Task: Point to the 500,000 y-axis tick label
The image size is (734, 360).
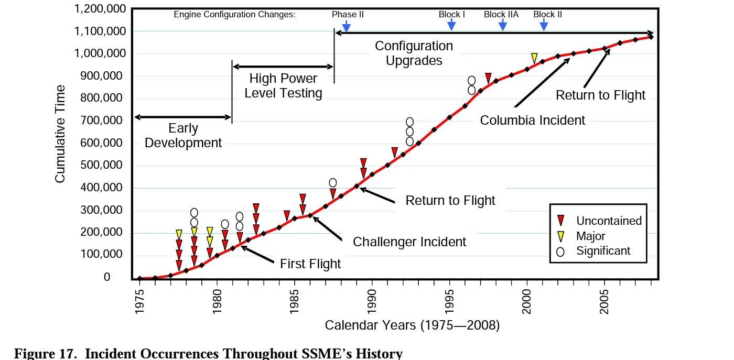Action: coord(104,166)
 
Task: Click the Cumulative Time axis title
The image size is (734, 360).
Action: coord(60,134)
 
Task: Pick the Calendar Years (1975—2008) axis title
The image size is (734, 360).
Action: coord(412,325)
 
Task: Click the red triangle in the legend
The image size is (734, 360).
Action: coord(560,221)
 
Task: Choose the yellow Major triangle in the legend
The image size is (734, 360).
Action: coord(560,236)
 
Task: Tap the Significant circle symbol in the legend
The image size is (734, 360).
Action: coord(560,252)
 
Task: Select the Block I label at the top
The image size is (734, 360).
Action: coord(451,15)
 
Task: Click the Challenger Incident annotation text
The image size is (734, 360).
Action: coord(409,242)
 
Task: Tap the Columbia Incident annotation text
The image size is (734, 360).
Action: coord(532,121)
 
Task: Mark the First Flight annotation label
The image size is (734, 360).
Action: coord(310,264)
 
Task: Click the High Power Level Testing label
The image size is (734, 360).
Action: coord(283,86)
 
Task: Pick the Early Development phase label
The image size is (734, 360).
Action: coord(183,135)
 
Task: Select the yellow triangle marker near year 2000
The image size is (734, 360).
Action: coord(534,58)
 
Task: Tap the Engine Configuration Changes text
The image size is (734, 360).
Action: coord(234,15)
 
